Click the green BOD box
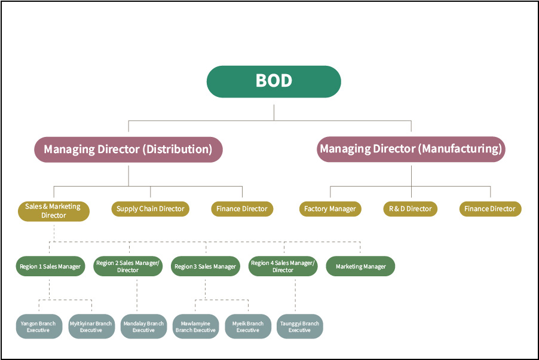(274, 81)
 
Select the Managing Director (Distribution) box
(128, 150)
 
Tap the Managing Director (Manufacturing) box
(411, 150)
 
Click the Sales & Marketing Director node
(53, 210)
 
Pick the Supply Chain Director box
(151, 209)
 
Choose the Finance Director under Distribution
(242, 209)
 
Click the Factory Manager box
(330, 209)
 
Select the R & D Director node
(410, 209)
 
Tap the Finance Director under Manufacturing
(490, 209)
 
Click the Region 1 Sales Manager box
(50, 267)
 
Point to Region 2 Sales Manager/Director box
(128, 267)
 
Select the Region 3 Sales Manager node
(205, 267)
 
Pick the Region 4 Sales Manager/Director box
(283, 267)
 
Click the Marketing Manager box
(360, 267)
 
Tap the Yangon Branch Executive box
(39, 327)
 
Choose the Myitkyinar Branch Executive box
(91, 327)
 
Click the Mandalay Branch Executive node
(143, 327)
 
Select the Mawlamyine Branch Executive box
(195, 327)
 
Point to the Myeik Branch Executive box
(247, 327)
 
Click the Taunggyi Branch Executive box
(299, 327)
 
